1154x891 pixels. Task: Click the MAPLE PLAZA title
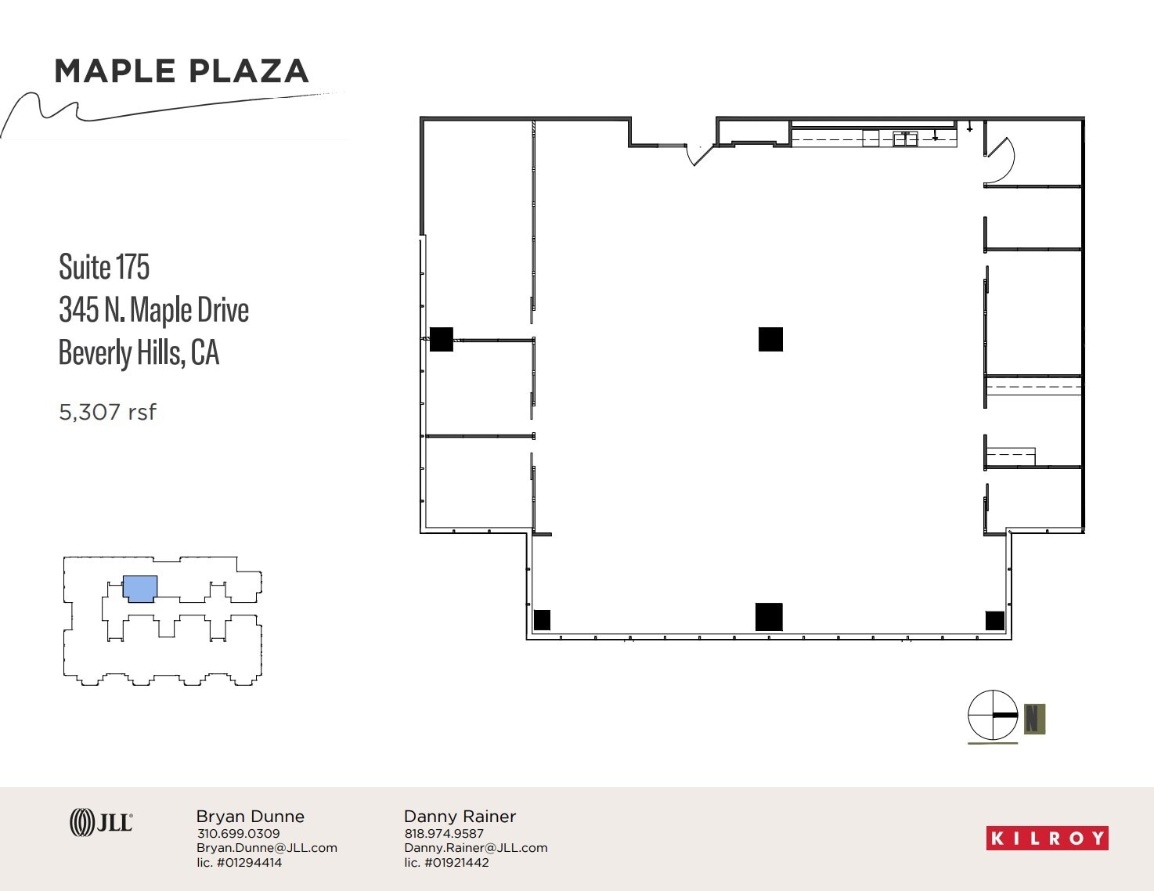(182, 71)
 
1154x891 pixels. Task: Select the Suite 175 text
(104, 267)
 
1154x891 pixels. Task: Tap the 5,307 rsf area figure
(107, 412)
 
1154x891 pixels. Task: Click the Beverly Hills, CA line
(139, 352)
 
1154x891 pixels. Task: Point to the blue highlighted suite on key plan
(140, 589)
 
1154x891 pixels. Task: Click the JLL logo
(101, 822)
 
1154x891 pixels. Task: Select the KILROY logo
(1047, 838)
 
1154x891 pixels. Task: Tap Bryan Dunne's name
(250, 816)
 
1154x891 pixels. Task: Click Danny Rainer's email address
(475, 848)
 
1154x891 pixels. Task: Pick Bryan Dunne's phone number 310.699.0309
(238, 834)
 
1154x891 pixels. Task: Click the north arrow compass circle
(993, 715)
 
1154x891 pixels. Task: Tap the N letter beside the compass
(1034, 718)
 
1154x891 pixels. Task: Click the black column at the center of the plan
(770, 339)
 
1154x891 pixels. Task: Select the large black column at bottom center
(769, 617)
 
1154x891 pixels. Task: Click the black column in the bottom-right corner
(994, 620)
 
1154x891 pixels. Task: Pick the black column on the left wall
(442, 339)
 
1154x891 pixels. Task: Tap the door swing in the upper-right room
(999, 161)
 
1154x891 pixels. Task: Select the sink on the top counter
(905, 139)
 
